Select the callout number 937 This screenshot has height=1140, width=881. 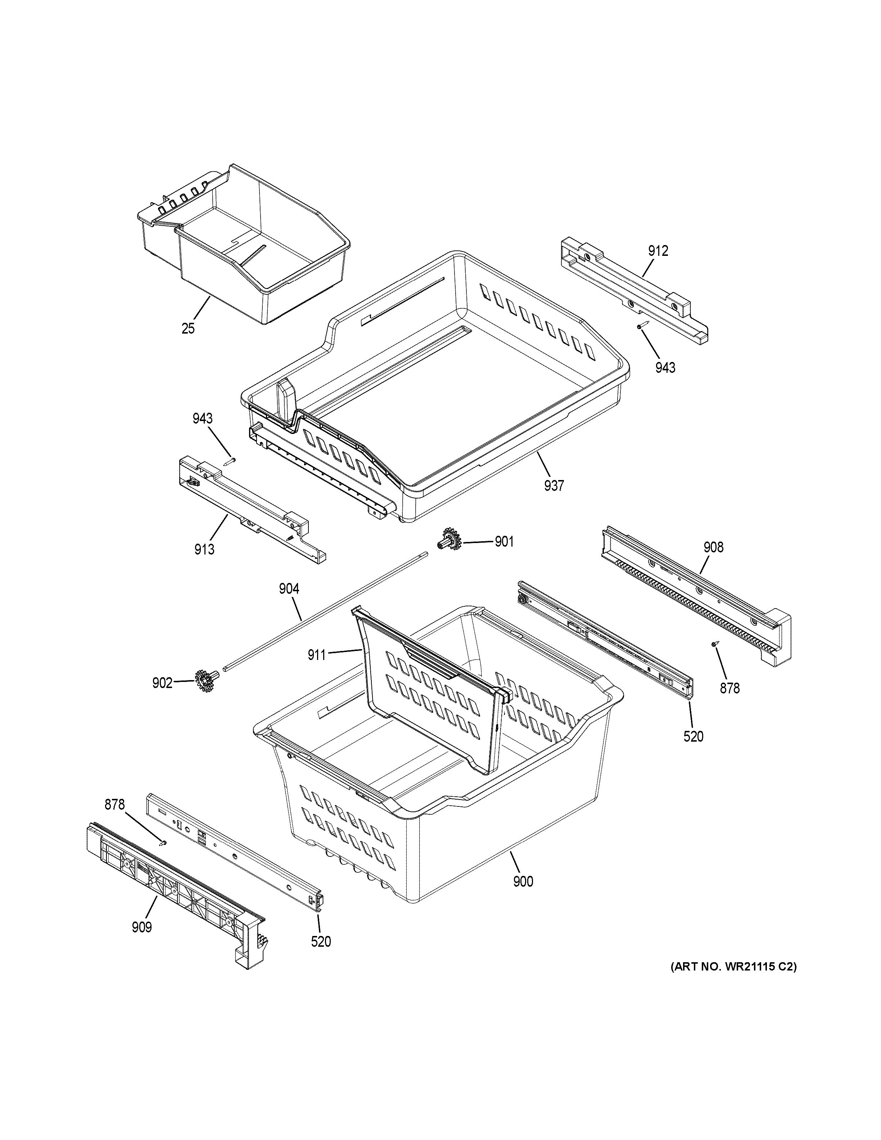coord(554,486)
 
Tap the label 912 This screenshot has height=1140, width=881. coord(658,251)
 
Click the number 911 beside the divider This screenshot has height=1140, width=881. coord(317,655)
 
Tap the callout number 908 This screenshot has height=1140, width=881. coord(713,548)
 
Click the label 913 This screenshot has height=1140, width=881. coord(204,549)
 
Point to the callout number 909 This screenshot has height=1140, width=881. coord(141,928)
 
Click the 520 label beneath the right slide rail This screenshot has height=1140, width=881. coord(693,737)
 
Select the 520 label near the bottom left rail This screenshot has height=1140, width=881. coord(321,942)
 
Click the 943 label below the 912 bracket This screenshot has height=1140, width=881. coord(665,368)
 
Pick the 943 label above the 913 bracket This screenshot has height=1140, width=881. coord(203,419)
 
